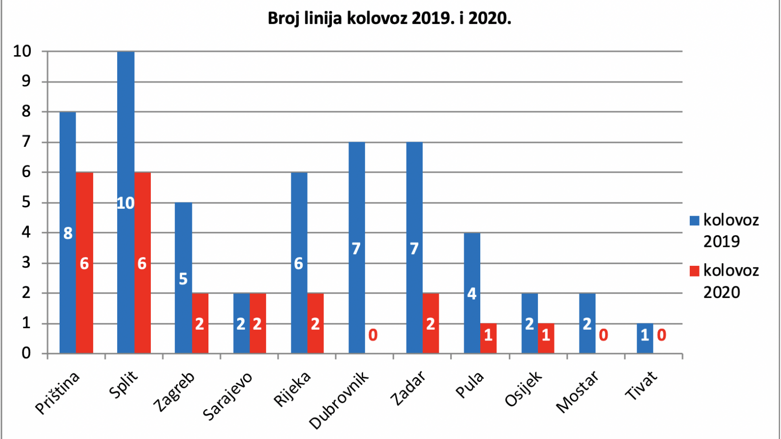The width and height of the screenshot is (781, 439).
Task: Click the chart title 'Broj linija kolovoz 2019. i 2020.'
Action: pyautogui.click(x=390, y=19)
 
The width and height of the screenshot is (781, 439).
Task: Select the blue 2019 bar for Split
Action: pyautogui.click(x=126, y=202)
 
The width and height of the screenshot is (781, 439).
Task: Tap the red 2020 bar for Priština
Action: pyautogui.click(x=84, y=263)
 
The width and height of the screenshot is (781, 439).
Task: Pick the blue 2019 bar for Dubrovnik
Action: pyautogui.click(x=357, y=248)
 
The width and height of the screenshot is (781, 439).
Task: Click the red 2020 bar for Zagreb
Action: pyautogui.click(x=200, y=323)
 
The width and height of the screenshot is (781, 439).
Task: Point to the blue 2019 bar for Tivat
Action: pyautogui.click(x=645, y=339)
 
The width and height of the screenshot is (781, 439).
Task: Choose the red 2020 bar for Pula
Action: pyautogui.click(x=489, y=339)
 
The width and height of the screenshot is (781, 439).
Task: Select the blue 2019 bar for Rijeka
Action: pyautogui.click(x=299, y=263)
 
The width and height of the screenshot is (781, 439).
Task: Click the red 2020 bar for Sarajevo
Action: pyautogui.click(x=258, y=323)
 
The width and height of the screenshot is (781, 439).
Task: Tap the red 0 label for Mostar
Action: pyautogui.click(x=603, y=335)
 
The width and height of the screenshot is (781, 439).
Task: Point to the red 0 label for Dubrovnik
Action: pyautogui.click(x=373, y=335)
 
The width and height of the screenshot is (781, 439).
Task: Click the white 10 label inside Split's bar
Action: pyautogui.click(x=125, y=203)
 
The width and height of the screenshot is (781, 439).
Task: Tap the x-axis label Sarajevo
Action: pyautogui.click(x=228, y=396)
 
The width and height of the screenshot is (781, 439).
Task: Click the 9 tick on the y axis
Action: pyautogui.click(x=26, y=81)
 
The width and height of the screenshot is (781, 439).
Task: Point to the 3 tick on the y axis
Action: pyautogui.click(x=26, y=263)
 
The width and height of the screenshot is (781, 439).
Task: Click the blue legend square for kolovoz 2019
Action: pyautogui.click(x=695, y=220)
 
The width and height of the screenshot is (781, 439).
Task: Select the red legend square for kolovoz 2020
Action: pyautogui.click(x=695, y=271)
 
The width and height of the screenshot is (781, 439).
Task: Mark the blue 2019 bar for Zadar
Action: pyautogui.click(x=414, y=248)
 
